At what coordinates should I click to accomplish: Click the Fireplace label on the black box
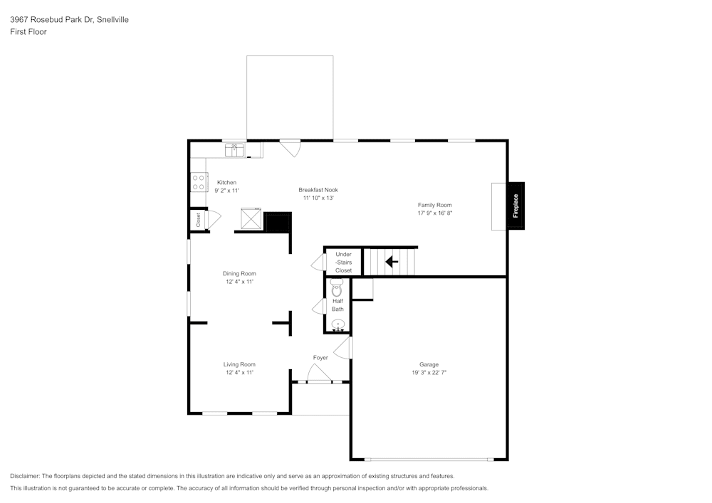(515, 206)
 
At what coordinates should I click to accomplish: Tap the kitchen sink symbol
(234, 149)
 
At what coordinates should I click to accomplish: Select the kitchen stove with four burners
(198, 183)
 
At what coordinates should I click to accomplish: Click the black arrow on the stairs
(391, 262)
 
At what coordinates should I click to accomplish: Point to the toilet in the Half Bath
(337, 289)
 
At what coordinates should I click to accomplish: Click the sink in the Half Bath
(339, 325)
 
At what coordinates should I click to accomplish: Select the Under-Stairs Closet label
(343, 263)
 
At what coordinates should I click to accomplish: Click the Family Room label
(434, 205)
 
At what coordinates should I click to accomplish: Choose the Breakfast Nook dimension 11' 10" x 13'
(318, 198)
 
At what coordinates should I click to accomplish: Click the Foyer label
(320, 358)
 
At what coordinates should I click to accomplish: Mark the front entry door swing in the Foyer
(317, 373)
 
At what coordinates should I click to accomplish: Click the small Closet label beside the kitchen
(198, 220)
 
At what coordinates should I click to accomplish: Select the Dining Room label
(239, 274)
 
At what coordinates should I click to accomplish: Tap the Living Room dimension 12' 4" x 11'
(239, 373)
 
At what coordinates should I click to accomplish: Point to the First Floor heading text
(28, 32)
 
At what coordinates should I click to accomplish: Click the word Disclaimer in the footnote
(25, 476)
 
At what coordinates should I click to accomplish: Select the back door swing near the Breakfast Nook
(290, 148)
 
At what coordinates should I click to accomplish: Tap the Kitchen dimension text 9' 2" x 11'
(226, 191)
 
